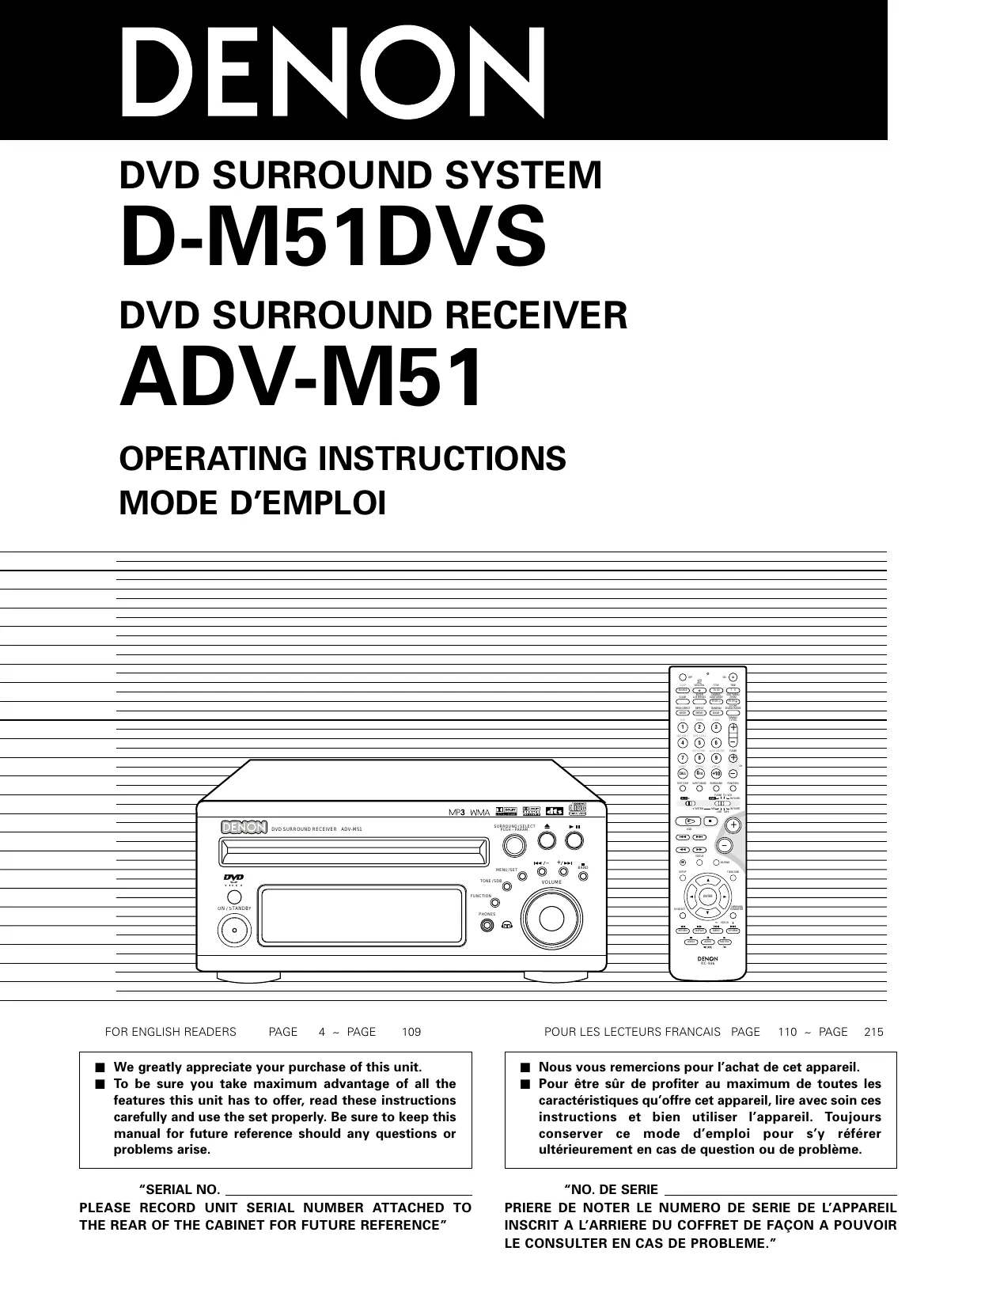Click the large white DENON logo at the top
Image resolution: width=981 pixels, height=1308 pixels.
click(x=332, y=73)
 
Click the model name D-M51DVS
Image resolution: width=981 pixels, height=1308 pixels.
click(x=332, y=235)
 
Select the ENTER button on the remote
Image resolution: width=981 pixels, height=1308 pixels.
click(x=708, y=897)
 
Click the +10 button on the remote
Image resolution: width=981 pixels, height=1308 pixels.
click(x=715, y=773)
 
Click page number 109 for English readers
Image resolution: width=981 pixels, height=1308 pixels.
click(x=411, y=1032)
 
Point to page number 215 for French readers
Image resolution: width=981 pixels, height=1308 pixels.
click(x=873, y=1032)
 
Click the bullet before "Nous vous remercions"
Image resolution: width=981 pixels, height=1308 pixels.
click(x=523, y=1067)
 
